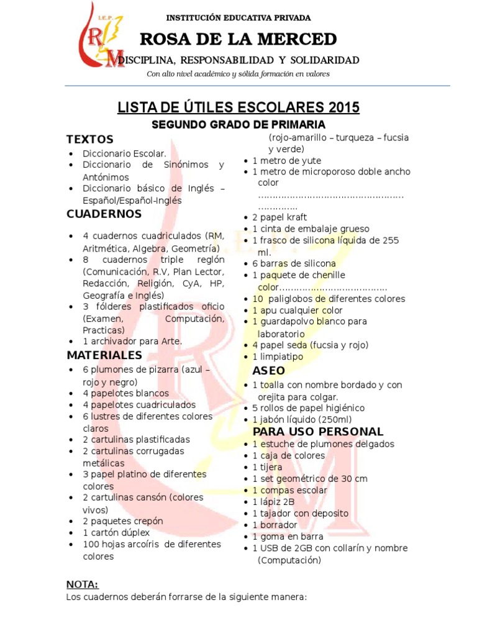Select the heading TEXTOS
(90, 139)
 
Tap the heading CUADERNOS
(104, 214)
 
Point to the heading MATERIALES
(104, 355)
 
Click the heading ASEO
(269, 371)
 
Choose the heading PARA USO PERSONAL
(318, 432)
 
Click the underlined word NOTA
(82, 584)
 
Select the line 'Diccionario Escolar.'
(125, 153)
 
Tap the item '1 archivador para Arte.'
(132, 342)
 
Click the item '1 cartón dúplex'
(116, 533)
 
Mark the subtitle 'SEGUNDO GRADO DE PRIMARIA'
(239, 125)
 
